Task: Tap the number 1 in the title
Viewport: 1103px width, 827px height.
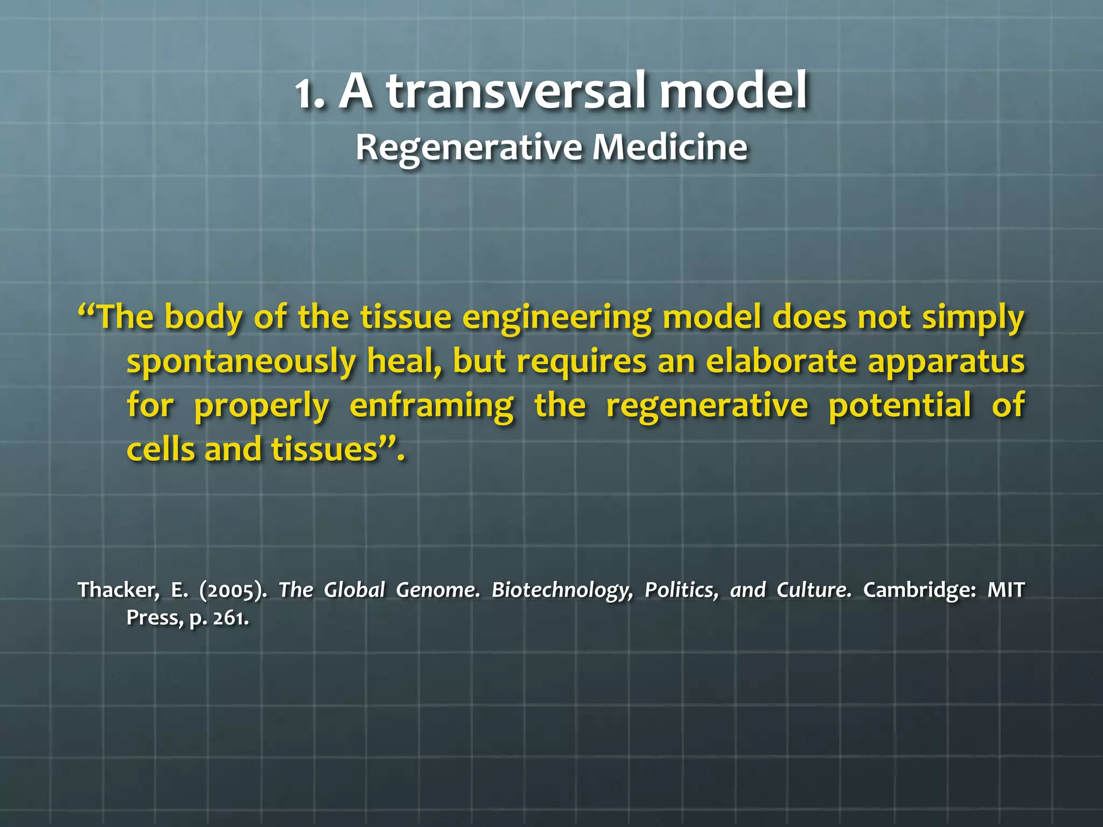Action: tap(305, 95)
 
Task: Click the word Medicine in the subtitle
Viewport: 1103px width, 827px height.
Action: tap(670, 147)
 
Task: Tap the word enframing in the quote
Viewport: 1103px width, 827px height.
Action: tap(431, 406)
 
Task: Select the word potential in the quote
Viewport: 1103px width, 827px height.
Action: tap(899, 405)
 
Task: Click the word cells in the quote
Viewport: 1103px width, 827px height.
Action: tap(160, 449)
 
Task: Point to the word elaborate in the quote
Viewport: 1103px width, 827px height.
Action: tap(781, 361)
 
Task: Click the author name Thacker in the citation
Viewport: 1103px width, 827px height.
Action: tap(118, 590)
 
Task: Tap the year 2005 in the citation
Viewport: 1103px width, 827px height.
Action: tap(232, 591)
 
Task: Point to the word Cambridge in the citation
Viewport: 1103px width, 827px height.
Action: tap(919, 590)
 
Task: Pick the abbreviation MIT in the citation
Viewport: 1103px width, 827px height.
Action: tap(1005, 590)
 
